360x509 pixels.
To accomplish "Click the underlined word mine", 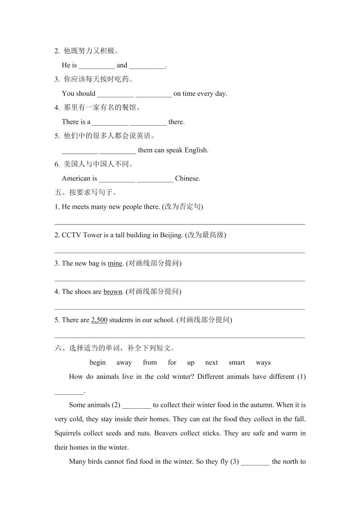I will coord(115,264).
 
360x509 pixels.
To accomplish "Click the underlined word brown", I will coord(113,292).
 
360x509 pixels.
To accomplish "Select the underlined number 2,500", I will coord(99,320).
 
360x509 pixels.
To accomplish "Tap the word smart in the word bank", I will coord(237,362).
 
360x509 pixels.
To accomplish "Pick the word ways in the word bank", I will coord(263,362).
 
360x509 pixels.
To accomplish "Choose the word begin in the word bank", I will coord(98,362).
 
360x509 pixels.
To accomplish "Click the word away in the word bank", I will coord(124,362).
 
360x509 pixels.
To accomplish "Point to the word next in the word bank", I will coord(211,362).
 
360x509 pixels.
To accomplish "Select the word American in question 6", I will coord(76,178).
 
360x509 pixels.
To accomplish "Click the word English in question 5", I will coord(196,150).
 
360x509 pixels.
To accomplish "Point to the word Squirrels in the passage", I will coord(68,433).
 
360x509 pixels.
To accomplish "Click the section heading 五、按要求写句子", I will coord(85,192).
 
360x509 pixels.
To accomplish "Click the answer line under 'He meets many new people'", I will coord(179,222).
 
